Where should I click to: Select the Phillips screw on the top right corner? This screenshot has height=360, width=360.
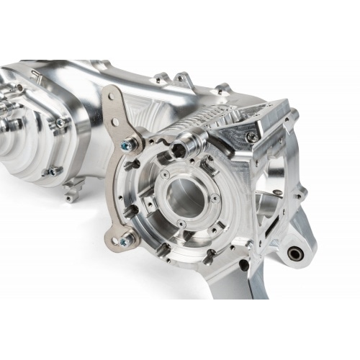[x=251, y=135]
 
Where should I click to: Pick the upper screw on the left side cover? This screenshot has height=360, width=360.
[x=60, y=122]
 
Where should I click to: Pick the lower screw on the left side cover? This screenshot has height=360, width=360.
[x=52, y=171]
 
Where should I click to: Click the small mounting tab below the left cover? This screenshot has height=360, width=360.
[x=70, y=196]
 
